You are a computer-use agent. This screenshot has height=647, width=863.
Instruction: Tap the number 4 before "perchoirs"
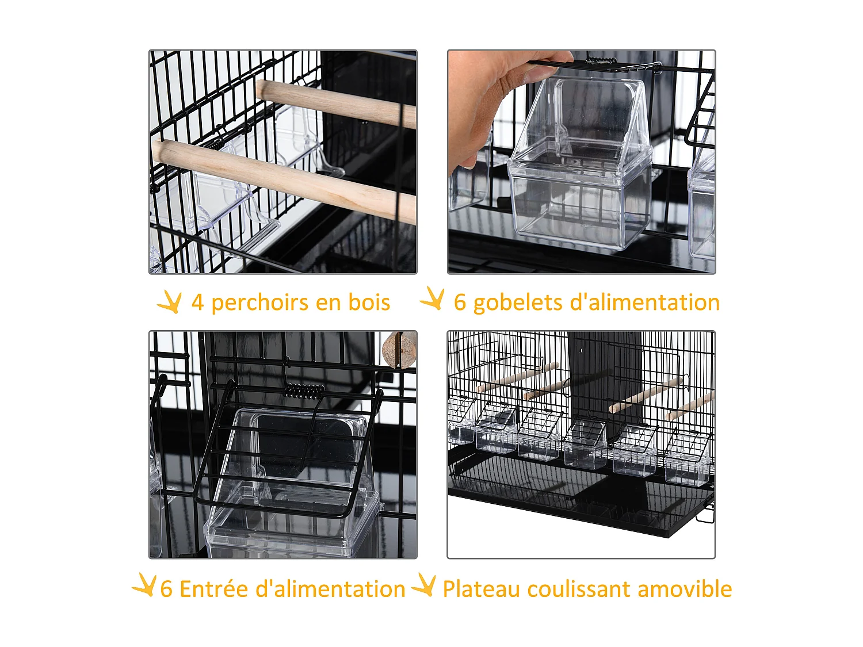197,303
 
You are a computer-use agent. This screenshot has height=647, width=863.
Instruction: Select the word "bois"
369,303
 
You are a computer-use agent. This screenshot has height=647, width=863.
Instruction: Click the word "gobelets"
516,303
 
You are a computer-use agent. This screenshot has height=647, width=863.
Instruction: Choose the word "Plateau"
480,589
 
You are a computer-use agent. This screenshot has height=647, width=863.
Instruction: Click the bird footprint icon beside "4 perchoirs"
170,301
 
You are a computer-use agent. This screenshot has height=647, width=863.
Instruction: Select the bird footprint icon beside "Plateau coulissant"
425,585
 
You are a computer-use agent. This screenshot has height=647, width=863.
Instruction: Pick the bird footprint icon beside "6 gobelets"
433,299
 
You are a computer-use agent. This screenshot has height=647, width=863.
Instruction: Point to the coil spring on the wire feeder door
304,391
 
